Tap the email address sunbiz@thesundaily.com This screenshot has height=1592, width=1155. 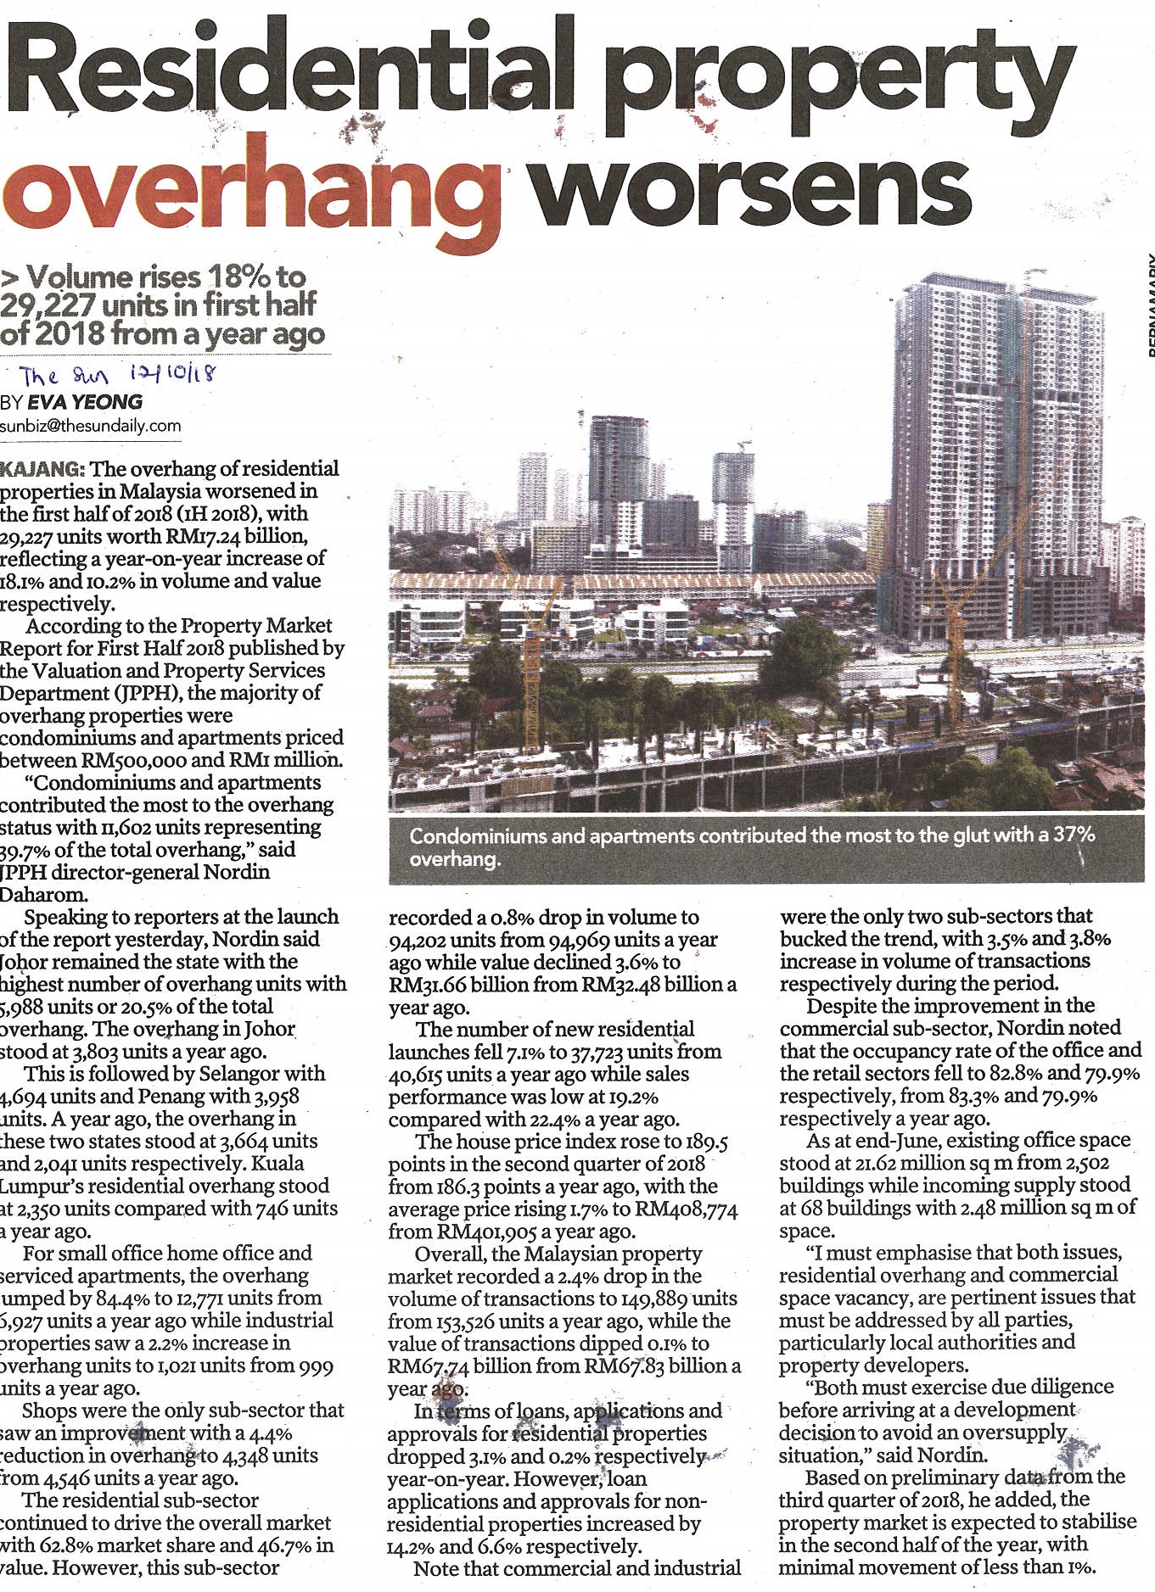click(x=91, y=426)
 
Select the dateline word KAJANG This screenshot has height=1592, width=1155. click(x=42, y=469)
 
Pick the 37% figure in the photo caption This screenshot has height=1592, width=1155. click(x=1074, y=835)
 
